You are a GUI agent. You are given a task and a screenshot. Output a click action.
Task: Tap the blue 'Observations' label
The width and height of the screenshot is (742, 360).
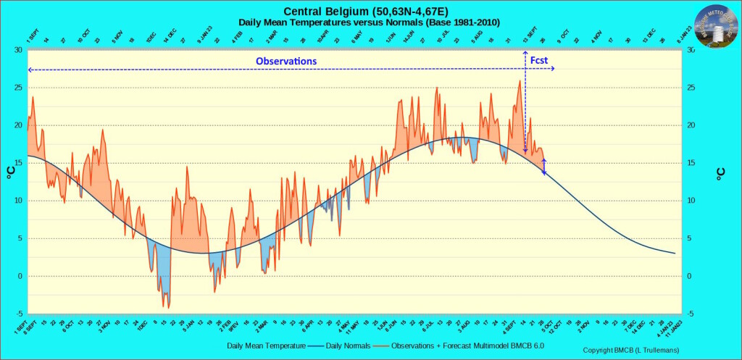click(286, 61)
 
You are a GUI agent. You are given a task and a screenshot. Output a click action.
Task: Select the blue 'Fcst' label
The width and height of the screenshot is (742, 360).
click(539, 61)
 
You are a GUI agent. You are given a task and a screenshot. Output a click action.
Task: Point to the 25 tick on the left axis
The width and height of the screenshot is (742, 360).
click(18, 88)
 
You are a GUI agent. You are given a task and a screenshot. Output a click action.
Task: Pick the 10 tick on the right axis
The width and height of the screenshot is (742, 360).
click(691, 201)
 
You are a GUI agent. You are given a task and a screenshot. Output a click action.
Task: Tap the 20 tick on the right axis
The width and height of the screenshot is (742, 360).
click(691, 125)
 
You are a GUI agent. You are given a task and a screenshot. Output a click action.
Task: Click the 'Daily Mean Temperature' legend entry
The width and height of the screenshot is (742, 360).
click(265, 346)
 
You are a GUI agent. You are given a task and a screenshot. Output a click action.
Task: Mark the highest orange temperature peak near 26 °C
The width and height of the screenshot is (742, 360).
click(520, 80)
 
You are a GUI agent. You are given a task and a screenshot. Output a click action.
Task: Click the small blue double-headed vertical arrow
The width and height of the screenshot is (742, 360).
click(544, 167)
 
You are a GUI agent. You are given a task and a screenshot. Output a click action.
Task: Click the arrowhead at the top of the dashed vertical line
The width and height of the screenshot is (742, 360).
click(525, 54)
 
